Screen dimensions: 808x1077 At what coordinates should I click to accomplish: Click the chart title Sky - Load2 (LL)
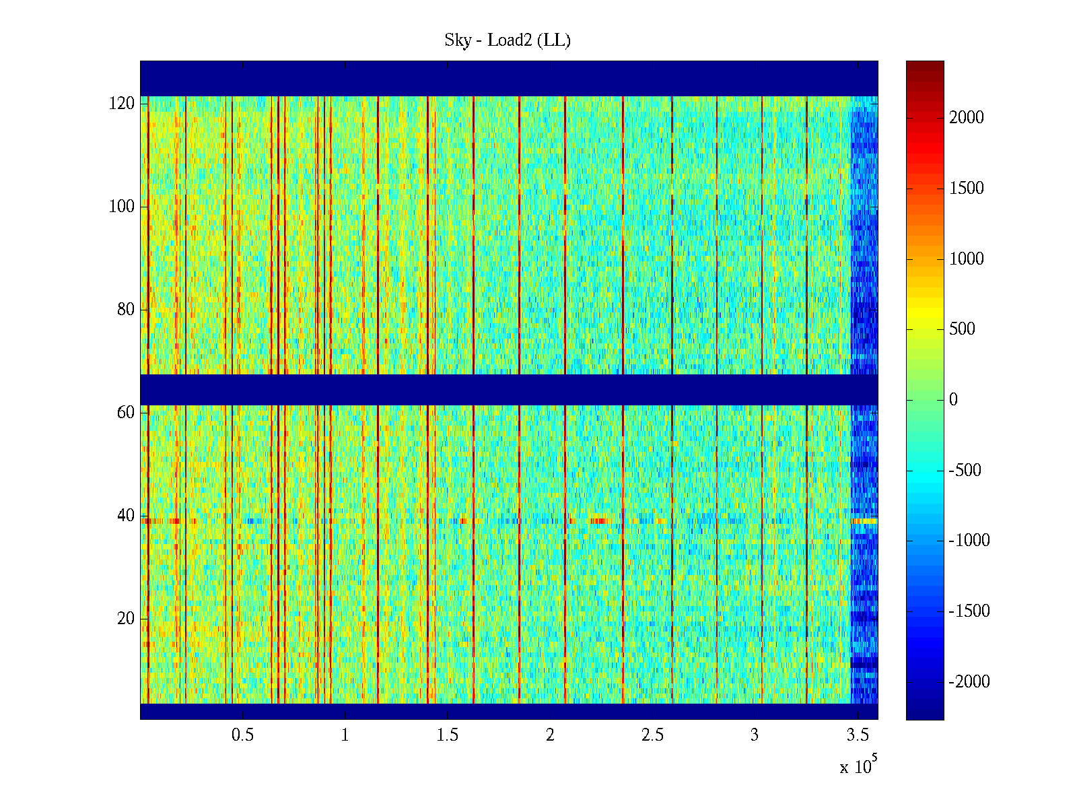tap(508, 40)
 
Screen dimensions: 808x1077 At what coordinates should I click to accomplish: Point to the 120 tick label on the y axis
tap(122, 104)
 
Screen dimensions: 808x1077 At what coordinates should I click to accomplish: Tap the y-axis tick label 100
tap(122, 207)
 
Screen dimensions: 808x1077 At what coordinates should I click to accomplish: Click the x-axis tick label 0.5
tap(242, 735)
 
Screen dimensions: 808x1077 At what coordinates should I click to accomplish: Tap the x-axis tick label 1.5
tap(448, 735)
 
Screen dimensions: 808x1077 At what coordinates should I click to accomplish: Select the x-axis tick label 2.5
tap(652, 735)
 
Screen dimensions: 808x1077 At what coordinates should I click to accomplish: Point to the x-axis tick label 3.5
tap(858, 735)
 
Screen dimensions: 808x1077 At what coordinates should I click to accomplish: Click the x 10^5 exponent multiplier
tap(858, 766)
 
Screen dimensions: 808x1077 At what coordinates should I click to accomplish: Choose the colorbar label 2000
tap(967, 118)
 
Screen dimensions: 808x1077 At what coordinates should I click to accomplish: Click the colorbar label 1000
tap(967, 259)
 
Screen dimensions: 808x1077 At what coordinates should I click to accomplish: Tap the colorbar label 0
tap(953, 400)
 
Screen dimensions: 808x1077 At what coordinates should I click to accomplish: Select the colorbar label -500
tap(965, 471)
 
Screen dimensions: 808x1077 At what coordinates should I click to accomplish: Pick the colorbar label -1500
tap(969, 611)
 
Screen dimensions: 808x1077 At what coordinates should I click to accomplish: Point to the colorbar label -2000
tap(969, 682)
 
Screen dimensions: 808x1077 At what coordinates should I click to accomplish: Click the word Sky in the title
tap(458, 40)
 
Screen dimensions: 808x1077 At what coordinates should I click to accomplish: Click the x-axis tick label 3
tap(755, 735)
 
